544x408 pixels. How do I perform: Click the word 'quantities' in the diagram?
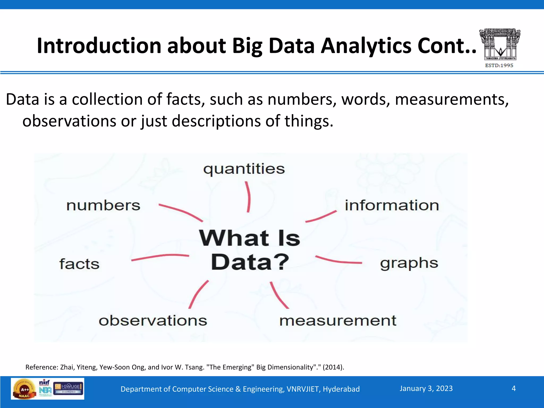point(244,169)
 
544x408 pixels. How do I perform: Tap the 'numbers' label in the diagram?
point(103,205)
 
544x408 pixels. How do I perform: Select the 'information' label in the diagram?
point(392,205)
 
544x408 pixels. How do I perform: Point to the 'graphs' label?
point(409,263)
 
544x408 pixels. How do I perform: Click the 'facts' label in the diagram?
point(79,264)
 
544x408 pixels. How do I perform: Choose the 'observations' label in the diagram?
point(153,321)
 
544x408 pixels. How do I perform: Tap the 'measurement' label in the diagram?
point(338,321)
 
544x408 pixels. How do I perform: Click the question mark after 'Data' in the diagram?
point(281,262)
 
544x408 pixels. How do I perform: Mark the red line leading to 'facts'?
point(160,257)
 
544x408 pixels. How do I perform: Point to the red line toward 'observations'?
point(198,294)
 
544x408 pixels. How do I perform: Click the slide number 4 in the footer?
point(513,388)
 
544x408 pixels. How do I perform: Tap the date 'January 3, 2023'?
point(426,388)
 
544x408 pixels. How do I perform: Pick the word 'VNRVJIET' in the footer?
point(303,389)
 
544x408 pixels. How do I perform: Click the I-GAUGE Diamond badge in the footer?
point(69,388)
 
